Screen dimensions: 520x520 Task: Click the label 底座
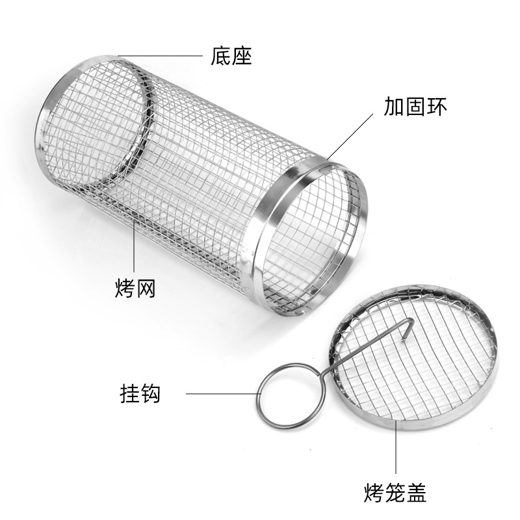point(231,56)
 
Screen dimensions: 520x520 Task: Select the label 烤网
point(135,287)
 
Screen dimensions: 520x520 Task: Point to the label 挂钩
point(140,394)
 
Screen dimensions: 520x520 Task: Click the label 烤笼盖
point(395,492)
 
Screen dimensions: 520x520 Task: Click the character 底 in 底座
point(220,56)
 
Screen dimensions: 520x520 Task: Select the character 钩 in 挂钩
point(151,394)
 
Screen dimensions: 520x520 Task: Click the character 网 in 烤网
point(146,287)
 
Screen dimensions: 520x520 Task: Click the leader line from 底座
point(162,56)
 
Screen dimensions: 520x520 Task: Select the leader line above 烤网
point(135,247)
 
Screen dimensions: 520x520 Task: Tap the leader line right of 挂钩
point(221,394)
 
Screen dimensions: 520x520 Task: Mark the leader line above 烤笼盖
point(396,448)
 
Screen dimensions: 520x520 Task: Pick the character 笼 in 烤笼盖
point(395,492)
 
